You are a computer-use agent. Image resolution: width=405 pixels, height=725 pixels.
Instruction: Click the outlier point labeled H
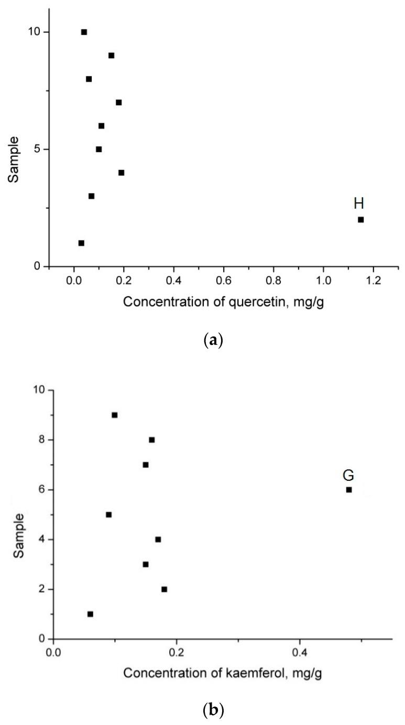point(360,220)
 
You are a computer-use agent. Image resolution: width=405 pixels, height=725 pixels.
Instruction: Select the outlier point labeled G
point(348,490)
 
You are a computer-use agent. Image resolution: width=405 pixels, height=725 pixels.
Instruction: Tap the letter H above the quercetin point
point(359,203)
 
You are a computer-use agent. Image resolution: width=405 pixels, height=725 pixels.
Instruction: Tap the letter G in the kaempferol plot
point(348,475)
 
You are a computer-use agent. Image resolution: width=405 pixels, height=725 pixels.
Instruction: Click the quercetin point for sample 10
point(84,32)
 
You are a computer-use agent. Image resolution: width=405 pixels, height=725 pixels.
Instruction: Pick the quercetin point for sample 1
point(81,243)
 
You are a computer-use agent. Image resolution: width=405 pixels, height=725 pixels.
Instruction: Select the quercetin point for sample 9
point(111,56)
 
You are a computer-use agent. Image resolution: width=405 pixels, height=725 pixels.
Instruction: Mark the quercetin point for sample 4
point(121,172)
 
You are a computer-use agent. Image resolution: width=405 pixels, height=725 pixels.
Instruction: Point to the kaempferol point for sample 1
point(90,614)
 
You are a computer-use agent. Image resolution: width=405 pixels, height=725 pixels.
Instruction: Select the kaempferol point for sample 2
point(164,589)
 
